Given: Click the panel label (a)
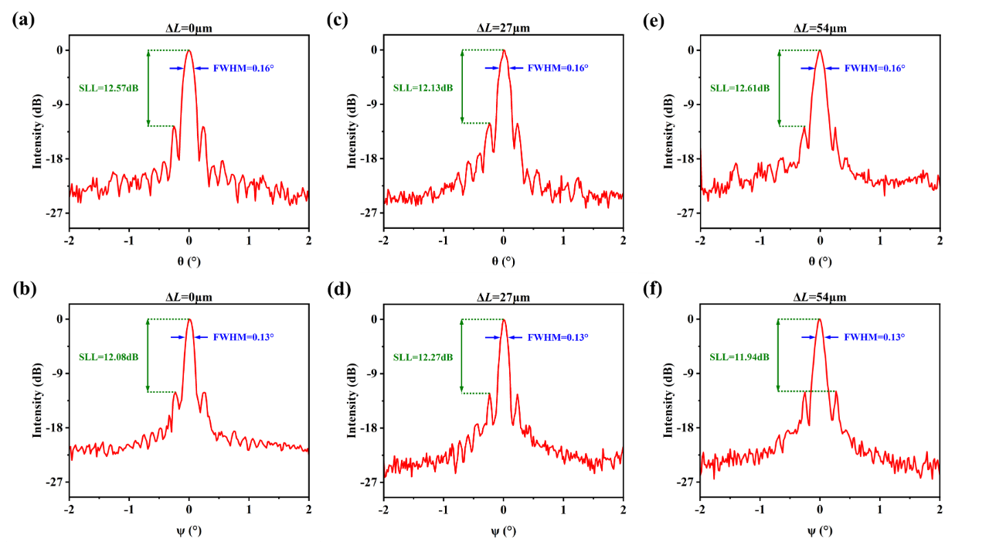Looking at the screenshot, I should [22, 22].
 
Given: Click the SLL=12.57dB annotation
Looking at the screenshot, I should [109, 88].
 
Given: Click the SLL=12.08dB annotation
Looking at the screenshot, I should [109, 357].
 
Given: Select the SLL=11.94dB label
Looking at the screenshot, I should [740, 357].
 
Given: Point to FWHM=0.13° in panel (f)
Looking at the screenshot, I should [874, 337].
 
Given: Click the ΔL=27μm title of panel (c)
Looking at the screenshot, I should [503, 29].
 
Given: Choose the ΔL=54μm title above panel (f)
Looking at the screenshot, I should [820, 298].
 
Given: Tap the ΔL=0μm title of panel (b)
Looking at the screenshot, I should [189, 298].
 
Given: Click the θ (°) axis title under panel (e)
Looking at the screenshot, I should [820, 261].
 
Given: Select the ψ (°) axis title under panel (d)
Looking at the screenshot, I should [503, 531].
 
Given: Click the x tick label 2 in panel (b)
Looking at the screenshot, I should [308, 510].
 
